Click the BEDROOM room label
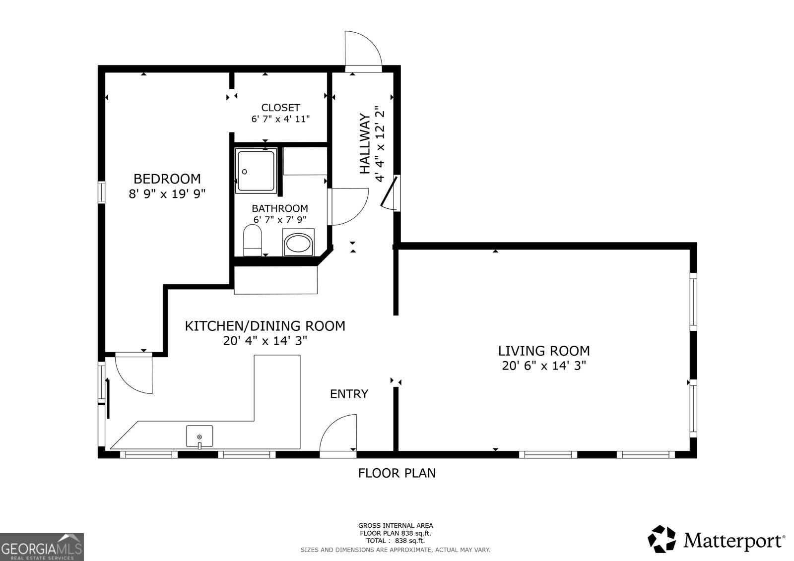[x=167, y=179]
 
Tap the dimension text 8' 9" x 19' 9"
[x=167, y=194]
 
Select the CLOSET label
[x=280, y=108]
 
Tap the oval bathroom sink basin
[x=298, y=244]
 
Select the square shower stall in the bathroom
[x=256, y=170]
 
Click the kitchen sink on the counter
[x=199, y=436]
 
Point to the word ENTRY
[x=349, y=394]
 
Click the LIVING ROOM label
[x=544, y=351]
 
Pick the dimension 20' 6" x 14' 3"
[x=544, y=366]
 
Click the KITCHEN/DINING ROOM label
[x=265, y=326]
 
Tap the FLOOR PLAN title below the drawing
[x=397, y=473]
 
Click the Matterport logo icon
[x=662, y=539]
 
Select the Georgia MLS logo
[x=42, y=547]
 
